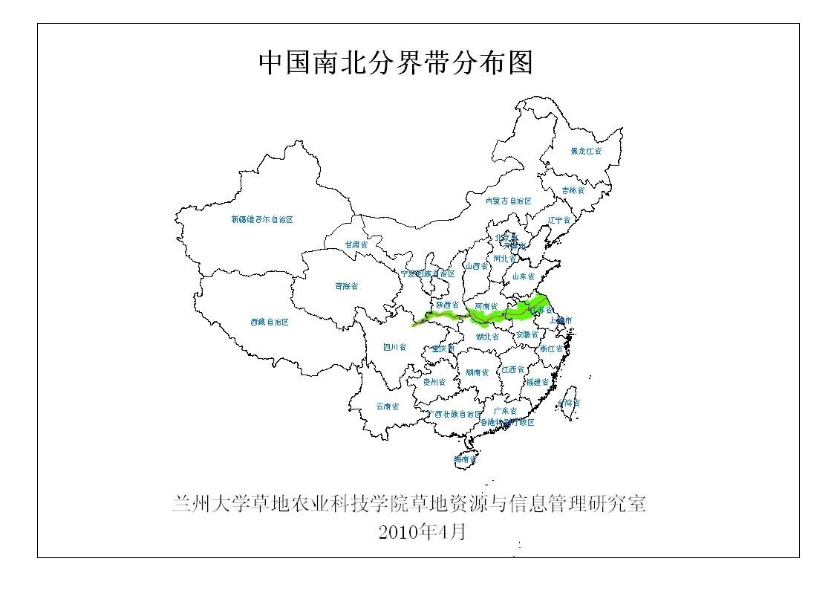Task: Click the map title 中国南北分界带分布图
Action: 396,62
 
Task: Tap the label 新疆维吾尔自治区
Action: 261,220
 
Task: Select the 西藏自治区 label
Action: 269,322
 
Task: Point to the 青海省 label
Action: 346,286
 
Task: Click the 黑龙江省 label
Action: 586,151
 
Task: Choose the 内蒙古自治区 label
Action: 509,201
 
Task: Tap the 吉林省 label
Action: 573,190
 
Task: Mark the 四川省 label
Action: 394,347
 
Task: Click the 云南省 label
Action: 387,406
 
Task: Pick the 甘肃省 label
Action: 356,244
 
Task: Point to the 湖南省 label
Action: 478,372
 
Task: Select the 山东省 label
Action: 523,276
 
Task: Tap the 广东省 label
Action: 505,411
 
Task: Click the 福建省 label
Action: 537,382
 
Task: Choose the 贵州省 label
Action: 434,382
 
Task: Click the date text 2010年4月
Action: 422,532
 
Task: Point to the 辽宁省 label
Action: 558,220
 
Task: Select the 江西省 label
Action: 512,369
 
